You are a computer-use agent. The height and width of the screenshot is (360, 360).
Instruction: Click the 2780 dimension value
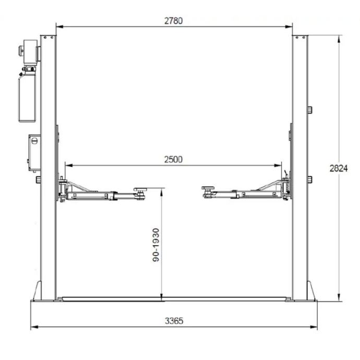click(174, 21)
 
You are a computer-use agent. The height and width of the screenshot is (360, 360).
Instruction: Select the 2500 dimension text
click(173, 160)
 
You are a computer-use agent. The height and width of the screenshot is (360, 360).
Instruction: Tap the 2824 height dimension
click(339, 169)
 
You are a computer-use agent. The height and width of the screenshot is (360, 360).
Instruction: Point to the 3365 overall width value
click(174, 321)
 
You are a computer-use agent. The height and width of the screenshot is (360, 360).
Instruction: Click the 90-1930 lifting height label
click(156, 245)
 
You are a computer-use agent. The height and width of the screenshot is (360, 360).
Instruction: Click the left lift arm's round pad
click(140, 189)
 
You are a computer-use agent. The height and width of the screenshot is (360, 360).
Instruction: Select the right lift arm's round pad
click(208, 188)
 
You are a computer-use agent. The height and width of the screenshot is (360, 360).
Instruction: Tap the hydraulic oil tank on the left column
click(27, 98)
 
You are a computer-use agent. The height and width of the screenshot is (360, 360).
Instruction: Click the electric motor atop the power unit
click(30, 52)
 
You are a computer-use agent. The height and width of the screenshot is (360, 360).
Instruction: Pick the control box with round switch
click(34, 153)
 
